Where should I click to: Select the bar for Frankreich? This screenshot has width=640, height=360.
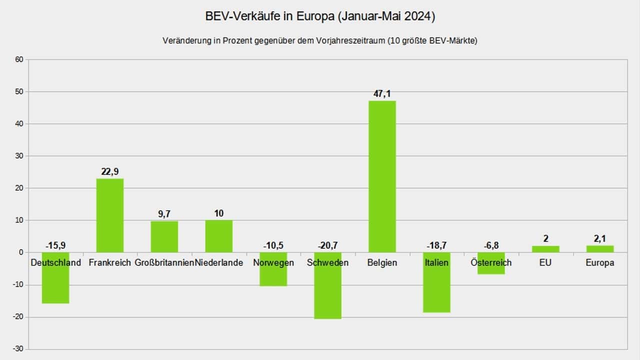pyautogui.click(x=109, y=215)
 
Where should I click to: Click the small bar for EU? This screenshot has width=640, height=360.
pyautogui.click(x=545, y=249)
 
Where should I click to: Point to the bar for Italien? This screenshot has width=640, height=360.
pyautogui.click(x=436, y=290)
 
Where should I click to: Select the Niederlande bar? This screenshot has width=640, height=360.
pyautogui.click(x=218, y=236)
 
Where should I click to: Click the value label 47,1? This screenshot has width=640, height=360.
pyautogui.click(x=382, y=94)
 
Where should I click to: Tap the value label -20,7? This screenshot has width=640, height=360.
pyautogui.click(x=327, y=245)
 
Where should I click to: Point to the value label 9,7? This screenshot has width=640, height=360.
pyautogui.click(x=164, y=214)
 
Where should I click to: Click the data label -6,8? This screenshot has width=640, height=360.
pyautogui.click(x=491, y=245)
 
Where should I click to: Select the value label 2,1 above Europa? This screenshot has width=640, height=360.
pyautogui.click(x=599, y=238)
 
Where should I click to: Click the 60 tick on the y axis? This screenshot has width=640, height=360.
pyautogui.click(x=19, y=59)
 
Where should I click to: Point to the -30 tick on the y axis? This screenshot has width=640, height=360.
pyautogui.click(x=18, y=349)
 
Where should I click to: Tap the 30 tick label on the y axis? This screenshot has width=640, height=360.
pyautogui.click(x=19, y=156)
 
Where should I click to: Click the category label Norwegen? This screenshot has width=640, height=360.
pyautogui.click(x=273, y=262)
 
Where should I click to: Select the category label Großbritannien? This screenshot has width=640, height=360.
pyautogui.click(x=164, y=262)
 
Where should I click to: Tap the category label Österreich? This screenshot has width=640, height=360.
pyautogui.click(x=491, y=262)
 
